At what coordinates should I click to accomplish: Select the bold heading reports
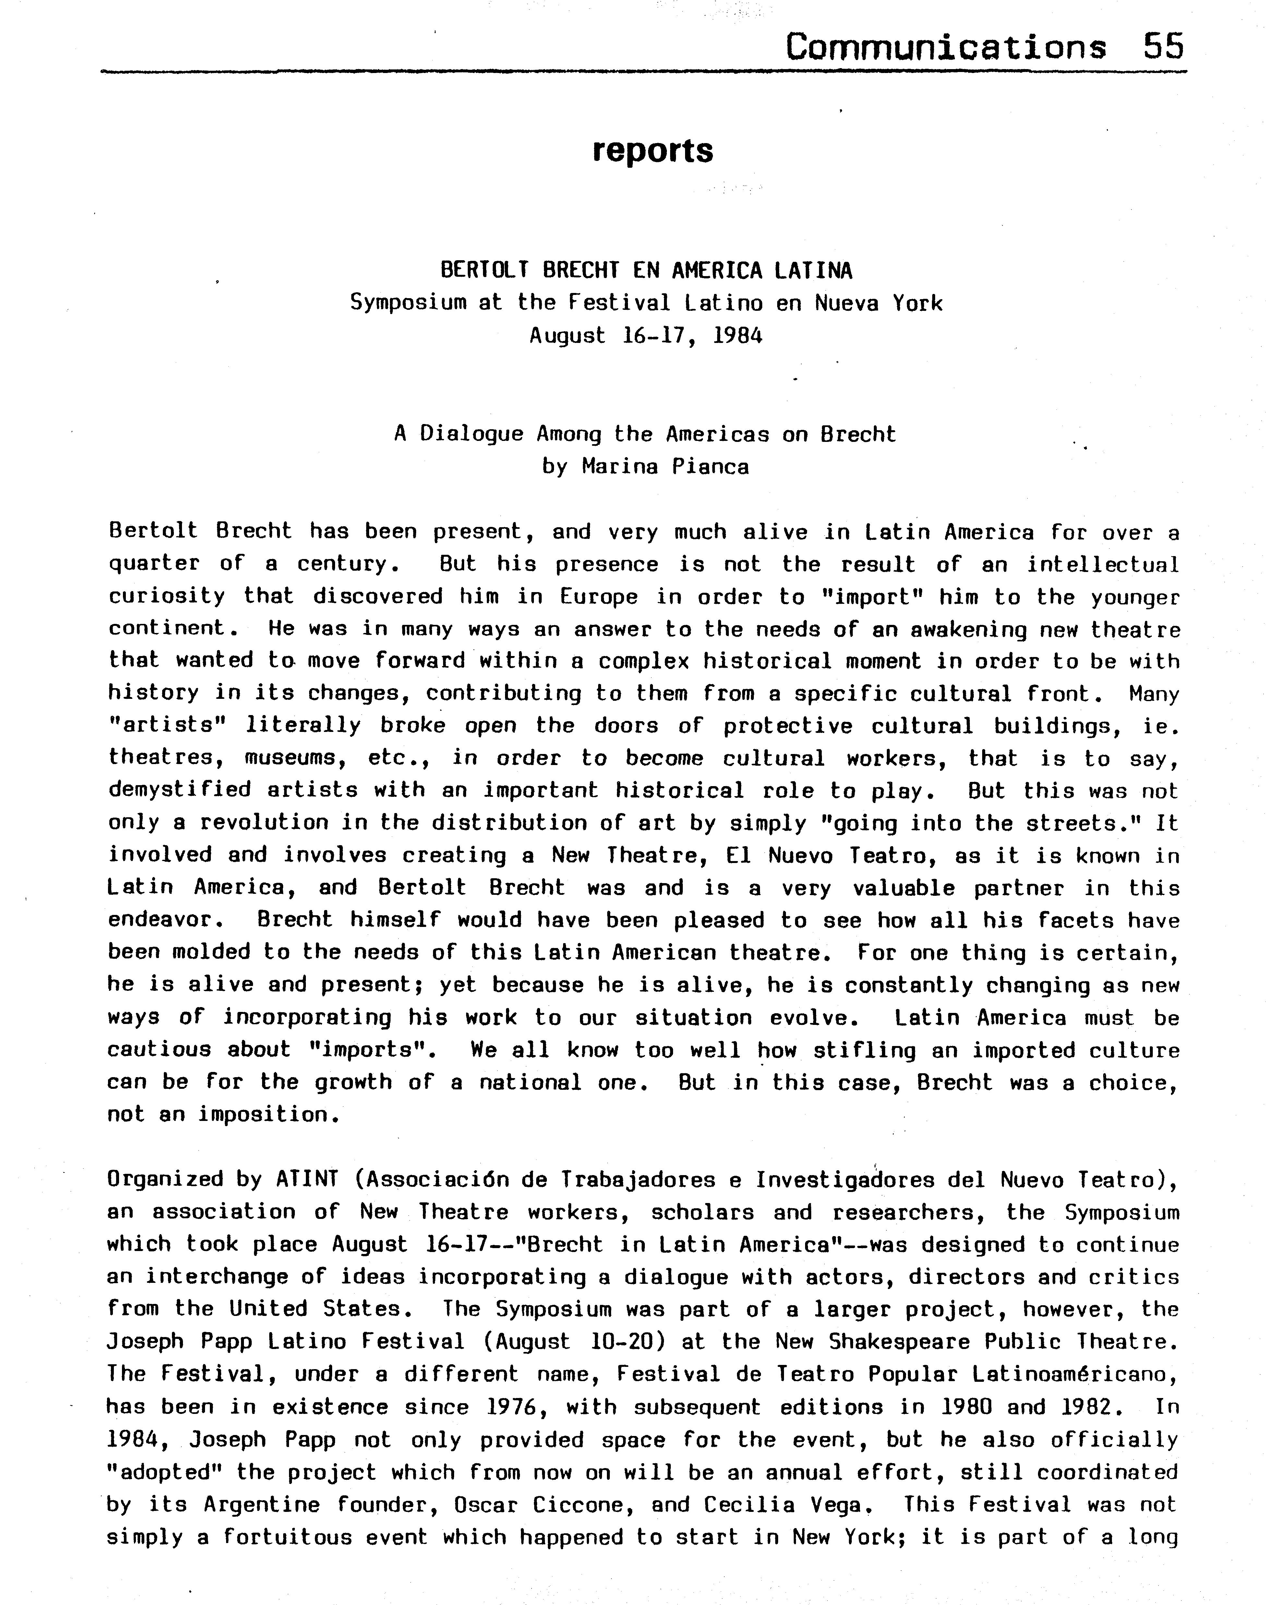tap(652, 151)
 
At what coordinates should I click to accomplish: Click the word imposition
tap(262, 1115)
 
